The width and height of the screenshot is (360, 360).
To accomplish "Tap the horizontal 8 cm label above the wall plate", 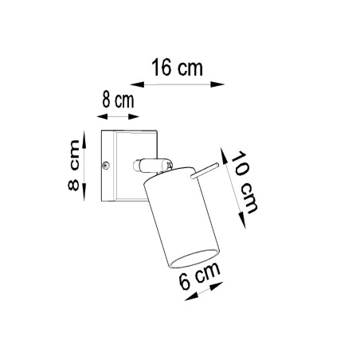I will [116, 101].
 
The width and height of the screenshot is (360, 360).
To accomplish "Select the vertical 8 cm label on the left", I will [73, 169].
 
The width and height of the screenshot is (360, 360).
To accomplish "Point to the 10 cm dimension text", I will [244, 181].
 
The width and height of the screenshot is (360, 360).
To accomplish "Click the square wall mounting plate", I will [116, 165].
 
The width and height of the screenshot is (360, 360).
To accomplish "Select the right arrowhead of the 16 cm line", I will [222, 82].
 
